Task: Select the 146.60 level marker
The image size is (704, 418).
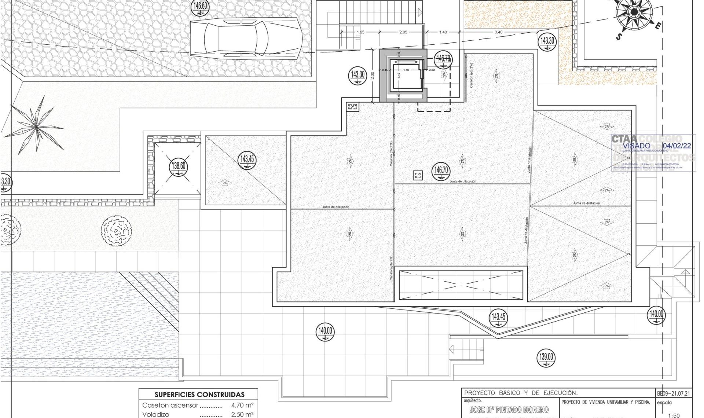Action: tap(200, 7)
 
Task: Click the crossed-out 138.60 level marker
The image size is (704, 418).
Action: tap(179, 167)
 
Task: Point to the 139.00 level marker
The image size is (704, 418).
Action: tap(546, 357)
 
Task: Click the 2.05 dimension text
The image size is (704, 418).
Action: tap(403, 32)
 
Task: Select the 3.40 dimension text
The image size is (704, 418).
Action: tap(498, 32)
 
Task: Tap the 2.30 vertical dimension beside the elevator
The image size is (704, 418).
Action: tap(373, 76)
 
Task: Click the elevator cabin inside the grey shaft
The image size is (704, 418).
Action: tap(406, 75)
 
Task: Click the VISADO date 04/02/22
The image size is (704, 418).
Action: tap(677, 146)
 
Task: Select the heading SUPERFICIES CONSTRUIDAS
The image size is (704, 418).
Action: tap(199, 395)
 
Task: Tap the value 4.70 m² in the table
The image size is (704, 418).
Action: tap(242, 405)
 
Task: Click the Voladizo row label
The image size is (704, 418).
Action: tap(155, 414)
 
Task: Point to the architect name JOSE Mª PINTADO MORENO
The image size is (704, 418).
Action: tap(509, 410)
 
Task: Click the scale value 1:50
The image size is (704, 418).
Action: tap(674, 415)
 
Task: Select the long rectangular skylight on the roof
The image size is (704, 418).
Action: tap(461, 285)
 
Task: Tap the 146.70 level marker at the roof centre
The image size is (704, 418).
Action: tap(441, 171)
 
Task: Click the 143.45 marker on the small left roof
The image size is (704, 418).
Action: tap(247, 160)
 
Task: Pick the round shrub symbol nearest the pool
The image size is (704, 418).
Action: tap(116, 230)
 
